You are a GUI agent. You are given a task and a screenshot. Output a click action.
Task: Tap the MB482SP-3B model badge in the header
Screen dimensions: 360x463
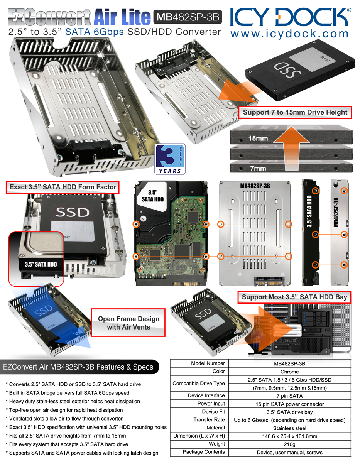(188, 17)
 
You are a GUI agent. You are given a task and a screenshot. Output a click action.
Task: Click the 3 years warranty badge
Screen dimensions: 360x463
(170, 159)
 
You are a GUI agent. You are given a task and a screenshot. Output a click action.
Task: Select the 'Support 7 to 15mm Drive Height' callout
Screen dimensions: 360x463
(295, 112)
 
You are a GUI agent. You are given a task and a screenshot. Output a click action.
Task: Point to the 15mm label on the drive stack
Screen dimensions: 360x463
(258, 138)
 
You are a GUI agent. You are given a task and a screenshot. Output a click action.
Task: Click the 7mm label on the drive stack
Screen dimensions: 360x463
(258, 168)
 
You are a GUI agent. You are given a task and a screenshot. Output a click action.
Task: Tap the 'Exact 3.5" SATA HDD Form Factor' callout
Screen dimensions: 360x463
(63, 187)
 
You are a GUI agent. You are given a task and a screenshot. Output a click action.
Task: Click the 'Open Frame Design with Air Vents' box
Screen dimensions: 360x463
(128, 323)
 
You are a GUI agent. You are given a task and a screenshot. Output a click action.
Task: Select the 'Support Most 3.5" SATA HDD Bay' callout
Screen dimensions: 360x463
(294, 297)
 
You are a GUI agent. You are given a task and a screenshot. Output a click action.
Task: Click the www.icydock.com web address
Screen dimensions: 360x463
(289, 34)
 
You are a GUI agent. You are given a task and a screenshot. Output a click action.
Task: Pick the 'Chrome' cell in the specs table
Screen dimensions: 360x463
(289, 372)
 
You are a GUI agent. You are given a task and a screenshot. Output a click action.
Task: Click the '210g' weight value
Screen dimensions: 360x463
(289, 444)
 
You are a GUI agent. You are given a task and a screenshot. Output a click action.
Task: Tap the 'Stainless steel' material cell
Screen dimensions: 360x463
(289, 428)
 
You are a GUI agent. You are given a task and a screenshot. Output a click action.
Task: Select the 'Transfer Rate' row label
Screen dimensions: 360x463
(209, 419)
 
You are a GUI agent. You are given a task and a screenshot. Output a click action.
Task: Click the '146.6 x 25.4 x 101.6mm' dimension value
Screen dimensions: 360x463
(289, 436)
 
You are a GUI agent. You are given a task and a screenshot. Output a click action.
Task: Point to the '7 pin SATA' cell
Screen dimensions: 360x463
(289, 396)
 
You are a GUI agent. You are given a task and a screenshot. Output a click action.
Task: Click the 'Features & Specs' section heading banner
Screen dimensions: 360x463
(79, 367)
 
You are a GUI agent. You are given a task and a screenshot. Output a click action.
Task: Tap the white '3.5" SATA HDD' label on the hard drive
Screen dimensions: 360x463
(153, 196)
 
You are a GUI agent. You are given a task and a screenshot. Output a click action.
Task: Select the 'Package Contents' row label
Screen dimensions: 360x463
(204, 452)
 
